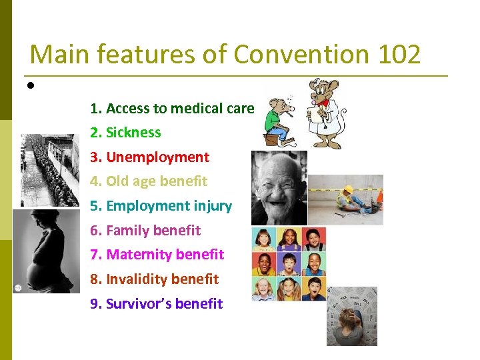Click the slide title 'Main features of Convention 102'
pos(225,54)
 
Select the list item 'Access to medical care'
pos(180,108)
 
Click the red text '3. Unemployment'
pos(150,157)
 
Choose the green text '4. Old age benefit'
pos(149,181)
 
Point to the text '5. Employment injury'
pos(161,206)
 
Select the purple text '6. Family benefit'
pos(145,231)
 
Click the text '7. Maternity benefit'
pos(157,255)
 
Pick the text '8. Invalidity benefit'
pos(154,279)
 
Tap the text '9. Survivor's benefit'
pos(157,304)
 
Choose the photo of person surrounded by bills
pos(351,316)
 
